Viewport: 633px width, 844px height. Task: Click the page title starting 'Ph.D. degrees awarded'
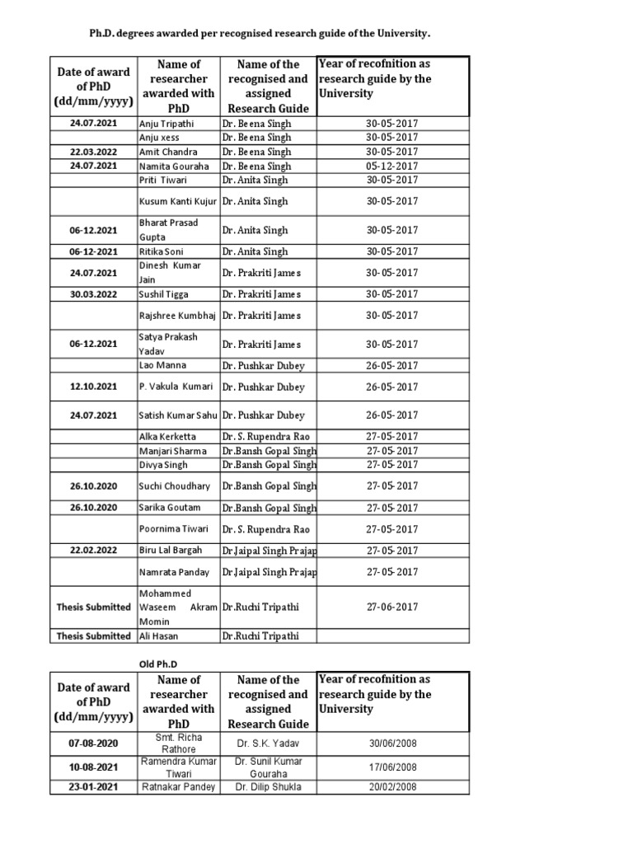pos(260,34)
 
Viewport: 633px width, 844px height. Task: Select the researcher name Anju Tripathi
pos(167,124)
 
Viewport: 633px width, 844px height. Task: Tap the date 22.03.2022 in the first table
pos(93,152)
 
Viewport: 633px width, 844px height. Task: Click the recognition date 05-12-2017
pos(392,166)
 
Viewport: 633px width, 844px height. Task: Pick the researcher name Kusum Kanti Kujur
pos(178,201)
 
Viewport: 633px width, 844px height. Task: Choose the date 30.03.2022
pos(93,294)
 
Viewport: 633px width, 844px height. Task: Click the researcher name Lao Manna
pos(162,365)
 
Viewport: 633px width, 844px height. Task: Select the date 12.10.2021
pos(93,387)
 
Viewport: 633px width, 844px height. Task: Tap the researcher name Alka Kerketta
pos(168,437)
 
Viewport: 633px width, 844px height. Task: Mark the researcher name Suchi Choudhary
pos(175,486)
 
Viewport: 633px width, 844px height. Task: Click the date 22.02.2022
pos(93,551)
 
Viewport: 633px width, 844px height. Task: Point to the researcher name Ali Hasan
pos(160,636)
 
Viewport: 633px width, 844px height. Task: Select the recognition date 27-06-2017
pos(392,607)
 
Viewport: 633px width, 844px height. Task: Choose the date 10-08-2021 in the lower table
pos(93,767)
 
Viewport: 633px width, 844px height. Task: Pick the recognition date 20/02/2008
pos(392,787)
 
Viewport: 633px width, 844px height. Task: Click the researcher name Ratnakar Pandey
pos(178,787)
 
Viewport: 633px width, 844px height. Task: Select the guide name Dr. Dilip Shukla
pos(268,787)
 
